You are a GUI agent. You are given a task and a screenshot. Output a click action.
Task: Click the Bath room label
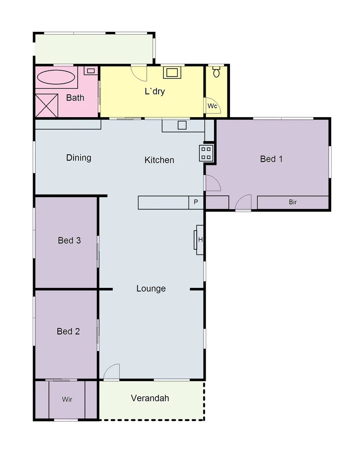coord(75,98)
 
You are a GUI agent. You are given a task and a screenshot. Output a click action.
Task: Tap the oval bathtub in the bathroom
coord(56,77)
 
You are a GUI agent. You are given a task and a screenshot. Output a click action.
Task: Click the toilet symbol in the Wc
coord(216,72)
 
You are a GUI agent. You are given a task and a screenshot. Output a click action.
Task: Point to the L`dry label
coord(155,91)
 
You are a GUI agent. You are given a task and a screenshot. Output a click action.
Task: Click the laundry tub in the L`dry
coord(172,72)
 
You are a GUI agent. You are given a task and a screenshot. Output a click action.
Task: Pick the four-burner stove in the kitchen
coord(206,153)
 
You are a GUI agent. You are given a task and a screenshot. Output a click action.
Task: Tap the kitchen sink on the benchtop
coord(182,125)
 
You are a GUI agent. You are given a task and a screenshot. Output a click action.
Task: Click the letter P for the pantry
coord(196,203)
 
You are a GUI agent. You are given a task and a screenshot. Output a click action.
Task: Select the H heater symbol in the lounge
coord(200,240)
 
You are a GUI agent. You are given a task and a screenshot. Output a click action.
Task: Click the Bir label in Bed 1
coord(293,202)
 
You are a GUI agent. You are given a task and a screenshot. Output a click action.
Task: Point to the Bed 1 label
coord(271,159)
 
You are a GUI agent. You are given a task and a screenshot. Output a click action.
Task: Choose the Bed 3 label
coord(69,240)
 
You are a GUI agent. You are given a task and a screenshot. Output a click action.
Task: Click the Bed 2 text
coord(68,331)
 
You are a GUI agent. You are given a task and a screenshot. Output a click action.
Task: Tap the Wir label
coord(67,399)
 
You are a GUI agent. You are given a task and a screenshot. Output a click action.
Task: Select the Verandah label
coord(150,398)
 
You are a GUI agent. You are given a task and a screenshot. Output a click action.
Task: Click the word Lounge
coord(151,289)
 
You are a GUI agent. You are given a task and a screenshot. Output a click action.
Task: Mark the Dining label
coord(79,158)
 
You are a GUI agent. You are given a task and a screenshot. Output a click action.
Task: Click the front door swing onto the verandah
coord(112,372)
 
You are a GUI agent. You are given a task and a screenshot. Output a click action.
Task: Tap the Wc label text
coord(212,106)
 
